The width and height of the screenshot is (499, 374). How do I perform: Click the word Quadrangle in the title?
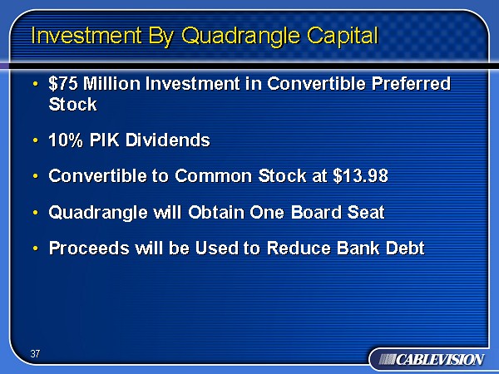coord(241,35)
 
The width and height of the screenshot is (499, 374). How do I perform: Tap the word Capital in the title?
coord(343,35)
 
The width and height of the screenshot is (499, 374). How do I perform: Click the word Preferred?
coord(411,84)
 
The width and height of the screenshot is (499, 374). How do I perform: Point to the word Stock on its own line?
coord(73,104)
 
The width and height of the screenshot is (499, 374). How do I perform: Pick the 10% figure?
coord(66,140)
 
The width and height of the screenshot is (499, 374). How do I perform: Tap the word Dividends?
coord(168,140)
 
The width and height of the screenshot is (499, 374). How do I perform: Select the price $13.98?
coord(361,175)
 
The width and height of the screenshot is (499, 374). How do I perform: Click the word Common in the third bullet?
coord(214,176)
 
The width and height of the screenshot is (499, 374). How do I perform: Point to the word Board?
coord(316,212)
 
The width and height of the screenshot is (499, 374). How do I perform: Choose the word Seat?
coord(366,212)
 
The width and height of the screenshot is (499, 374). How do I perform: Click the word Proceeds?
coord(89,248)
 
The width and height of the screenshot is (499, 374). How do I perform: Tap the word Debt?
coord(405,248)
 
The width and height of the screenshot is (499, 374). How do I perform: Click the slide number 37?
coord(35,354)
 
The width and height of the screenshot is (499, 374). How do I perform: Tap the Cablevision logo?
coord(432,360)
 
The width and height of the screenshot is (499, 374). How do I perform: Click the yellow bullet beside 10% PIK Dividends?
coord(35,140)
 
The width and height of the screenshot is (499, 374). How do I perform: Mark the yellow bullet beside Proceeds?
coord(35,248)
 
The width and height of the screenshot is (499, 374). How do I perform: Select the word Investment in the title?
coord(86,35)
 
